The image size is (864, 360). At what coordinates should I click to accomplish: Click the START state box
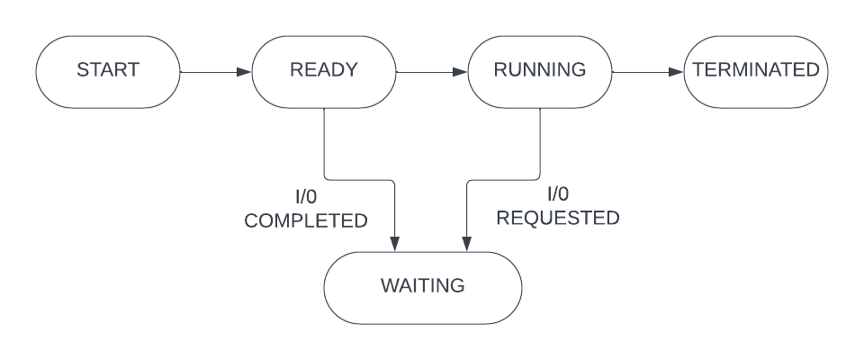[107, 69]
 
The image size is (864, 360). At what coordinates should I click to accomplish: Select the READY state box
[323, 69]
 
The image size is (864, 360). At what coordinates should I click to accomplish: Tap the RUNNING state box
[539, 69]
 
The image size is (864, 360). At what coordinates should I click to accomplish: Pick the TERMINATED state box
[754, 69]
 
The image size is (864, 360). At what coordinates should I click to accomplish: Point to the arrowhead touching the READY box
[245, 69]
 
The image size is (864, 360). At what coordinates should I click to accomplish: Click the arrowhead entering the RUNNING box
[461, 69]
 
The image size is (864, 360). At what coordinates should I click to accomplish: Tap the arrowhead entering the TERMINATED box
[677, 69]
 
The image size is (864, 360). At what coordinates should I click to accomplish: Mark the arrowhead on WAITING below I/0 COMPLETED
[395, 245]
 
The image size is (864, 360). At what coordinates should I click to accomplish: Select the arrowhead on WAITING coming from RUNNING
[467, 245]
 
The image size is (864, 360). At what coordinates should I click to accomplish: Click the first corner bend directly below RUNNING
[539, 178]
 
